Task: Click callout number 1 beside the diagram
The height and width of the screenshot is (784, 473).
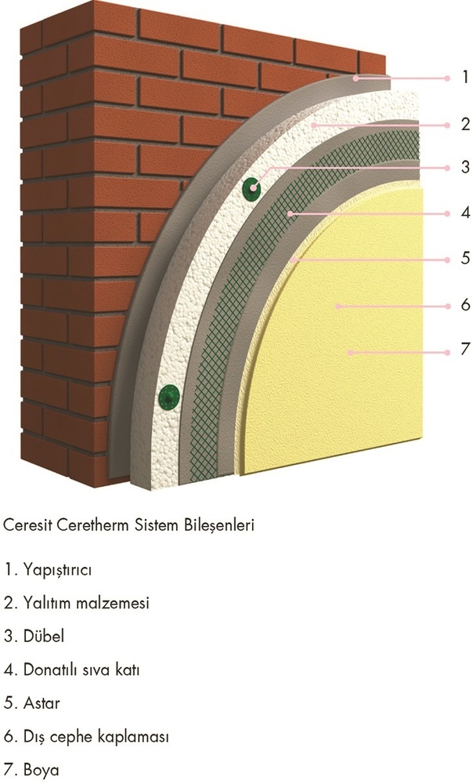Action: (x=465, y=78)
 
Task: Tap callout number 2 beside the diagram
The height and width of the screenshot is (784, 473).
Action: (x=465, y=124)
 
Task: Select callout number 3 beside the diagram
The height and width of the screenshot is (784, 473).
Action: (x=465, y=166)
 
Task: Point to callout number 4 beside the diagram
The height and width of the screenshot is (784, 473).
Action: (x=465, y=212)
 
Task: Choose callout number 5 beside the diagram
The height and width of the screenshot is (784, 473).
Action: (x=465, y=258)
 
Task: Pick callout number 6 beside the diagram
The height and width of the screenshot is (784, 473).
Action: (x=465, y=304)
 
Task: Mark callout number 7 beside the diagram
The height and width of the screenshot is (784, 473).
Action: (x=465, y=349)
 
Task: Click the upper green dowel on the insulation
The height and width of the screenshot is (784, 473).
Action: (x=252, y=188)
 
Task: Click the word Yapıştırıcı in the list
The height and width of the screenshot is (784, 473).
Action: (x=57, y=570)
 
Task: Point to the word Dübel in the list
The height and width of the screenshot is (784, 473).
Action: (x=44, y=636)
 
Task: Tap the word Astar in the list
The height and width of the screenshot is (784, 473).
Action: (x=42, y=703)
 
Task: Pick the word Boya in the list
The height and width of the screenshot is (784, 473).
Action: (x=41, y=771)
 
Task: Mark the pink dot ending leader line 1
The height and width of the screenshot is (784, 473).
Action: (x=447, y=78)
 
